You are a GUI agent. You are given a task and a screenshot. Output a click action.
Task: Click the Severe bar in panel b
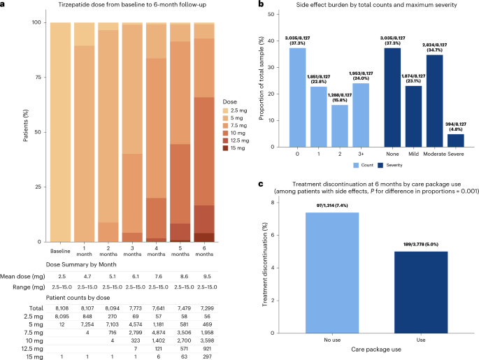pyautogui.click(x=455, y=141)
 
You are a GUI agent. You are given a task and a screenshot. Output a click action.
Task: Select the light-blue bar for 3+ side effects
pyautogui.click(x=361, y=115)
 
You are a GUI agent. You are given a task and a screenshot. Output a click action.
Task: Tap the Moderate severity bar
pyautogui.click(x=434, y=101)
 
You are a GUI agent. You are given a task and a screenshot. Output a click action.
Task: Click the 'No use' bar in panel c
pyautogui.click(x=332, y=273)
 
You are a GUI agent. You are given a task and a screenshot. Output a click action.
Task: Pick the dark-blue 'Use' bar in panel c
pyautogui.click(x=421, y=292)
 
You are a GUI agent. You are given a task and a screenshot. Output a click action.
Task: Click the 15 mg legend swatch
pyautogui.click(x=226, y=148)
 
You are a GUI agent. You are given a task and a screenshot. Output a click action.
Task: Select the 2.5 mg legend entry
pyautogui.click(x=235, y=110)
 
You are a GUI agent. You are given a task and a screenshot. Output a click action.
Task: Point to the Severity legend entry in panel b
pyautogui.click(x=390, y=165)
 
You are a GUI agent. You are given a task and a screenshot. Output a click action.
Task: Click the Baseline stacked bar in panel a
pyautogui.click(x=60, y=132)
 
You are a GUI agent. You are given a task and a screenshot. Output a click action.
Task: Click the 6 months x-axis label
pyautogui.click(x=204, y=251)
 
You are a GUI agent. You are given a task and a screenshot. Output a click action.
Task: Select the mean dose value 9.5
pyautogui.click(x=207, y=276)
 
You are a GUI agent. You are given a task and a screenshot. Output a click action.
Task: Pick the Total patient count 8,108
pyautogui.click(x=62, y=308)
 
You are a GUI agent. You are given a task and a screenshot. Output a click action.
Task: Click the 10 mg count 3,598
pyautogui.click(x=207, y=340)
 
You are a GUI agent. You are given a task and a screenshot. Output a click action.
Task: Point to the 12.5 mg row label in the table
pyautogui.click(x=34, y=349)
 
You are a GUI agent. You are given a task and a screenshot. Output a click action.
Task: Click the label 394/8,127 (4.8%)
pyautogui.click(x=455, y=127)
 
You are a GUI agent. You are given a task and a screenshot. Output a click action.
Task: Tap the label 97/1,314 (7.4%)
pyautogui.click(x=332, y=206)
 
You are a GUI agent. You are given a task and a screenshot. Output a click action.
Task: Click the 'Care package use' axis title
pyautogui.click(x=376, y=350)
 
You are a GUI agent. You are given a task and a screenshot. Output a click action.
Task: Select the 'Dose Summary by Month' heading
pyautogui.click(x=81, y=264)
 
